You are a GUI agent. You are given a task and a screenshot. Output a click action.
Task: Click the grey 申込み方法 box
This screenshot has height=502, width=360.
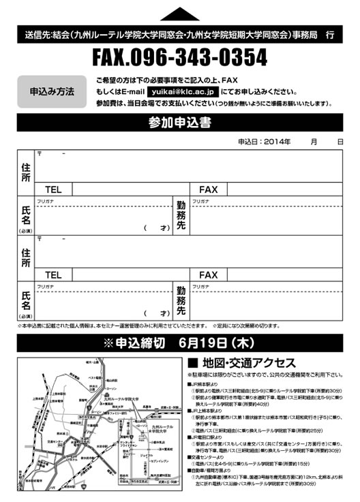click(52, 91)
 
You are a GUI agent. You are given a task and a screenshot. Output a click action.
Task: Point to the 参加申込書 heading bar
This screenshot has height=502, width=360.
click(180, 123)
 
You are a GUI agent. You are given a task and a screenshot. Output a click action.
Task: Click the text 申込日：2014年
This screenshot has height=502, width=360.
click(264, 142)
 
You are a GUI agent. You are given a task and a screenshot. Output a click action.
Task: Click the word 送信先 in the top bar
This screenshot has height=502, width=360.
click(34, 33)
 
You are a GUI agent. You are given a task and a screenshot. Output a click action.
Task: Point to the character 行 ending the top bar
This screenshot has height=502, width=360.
click(330, 33)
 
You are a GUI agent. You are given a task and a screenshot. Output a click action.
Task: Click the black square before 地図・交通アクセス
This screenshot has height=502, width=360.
click(192, 362)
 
